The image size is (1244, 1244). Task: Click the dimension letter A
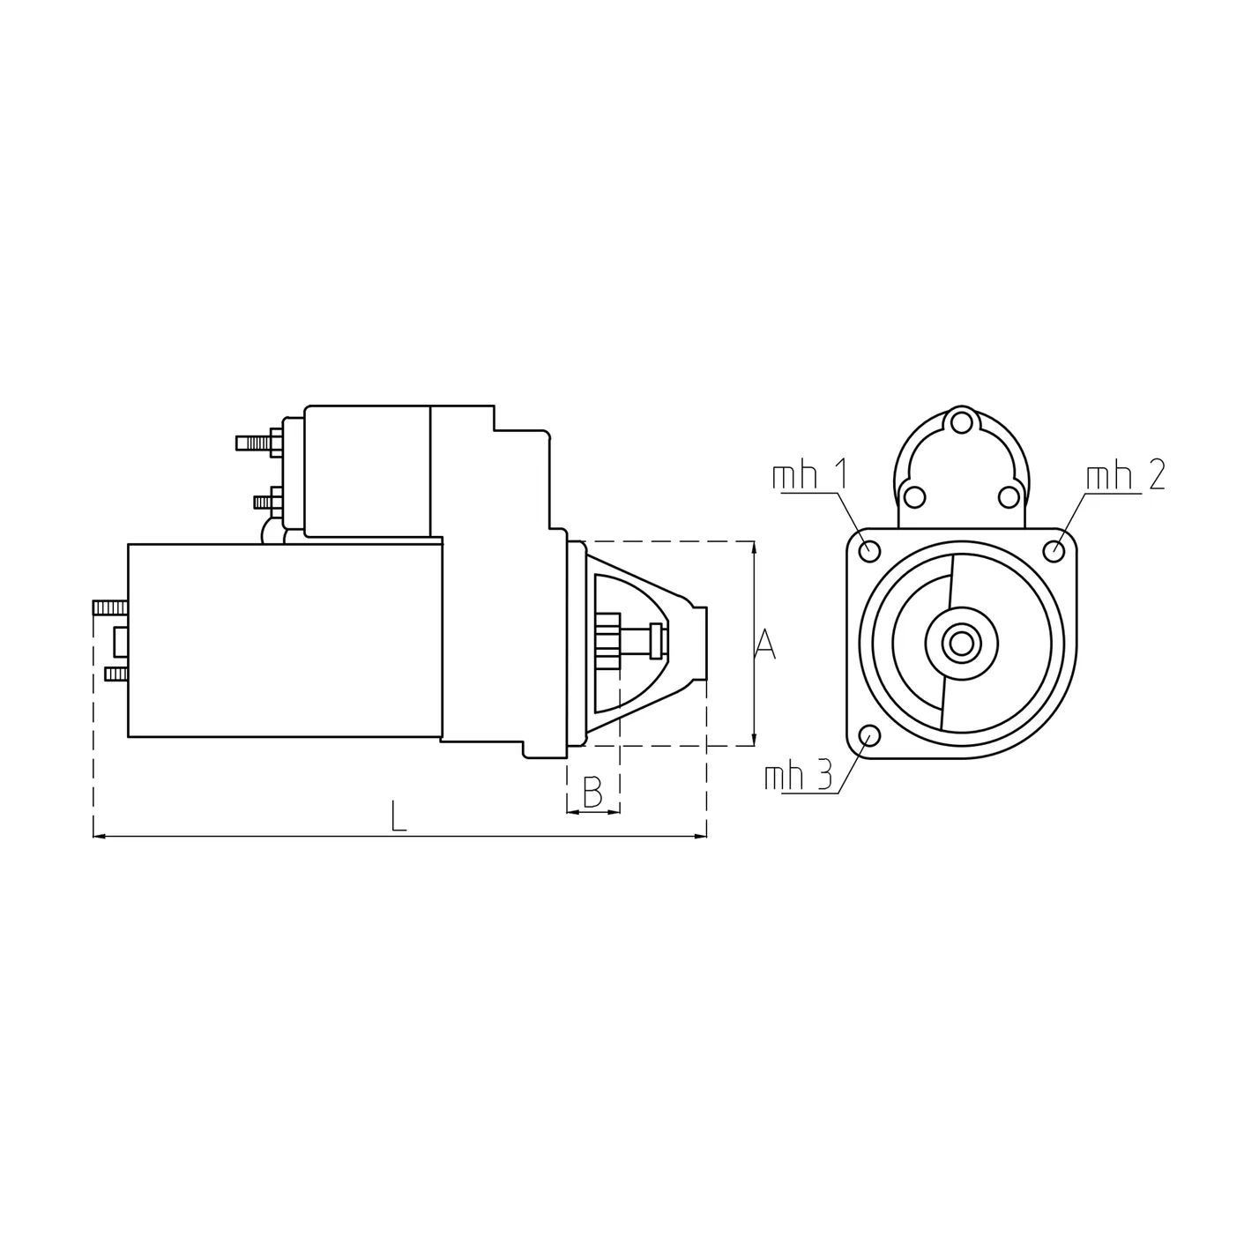[766, 644]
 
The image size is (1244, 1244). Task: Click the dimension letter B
[592, 792]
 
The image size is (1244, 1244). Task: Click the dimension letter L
[399, 816]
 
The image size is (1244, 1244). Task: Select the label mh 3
[798, 777]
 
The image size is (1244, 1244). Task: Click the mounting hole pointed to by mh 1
[869, 550]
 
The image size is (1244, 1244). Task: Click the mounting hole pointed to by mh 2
[1054, 550]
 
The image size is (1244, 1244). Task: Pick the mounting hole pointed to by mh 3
[869, 735]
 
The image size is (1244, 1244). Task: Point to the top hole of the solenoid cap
[962, 421]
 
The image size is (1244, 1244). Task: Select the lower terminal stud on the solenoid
[264, 502]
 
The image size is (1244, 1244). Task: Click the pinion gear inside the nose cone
[608, 641]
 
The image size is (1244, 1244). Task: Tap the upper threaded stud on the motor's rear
[109, 607]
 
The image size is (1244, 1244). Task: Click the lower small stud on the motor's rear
[115, 674]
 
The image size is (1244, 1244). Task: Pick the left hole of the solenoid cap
[915, 497]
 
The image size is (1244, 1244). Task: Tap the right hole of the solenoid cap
[1009, 497]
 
